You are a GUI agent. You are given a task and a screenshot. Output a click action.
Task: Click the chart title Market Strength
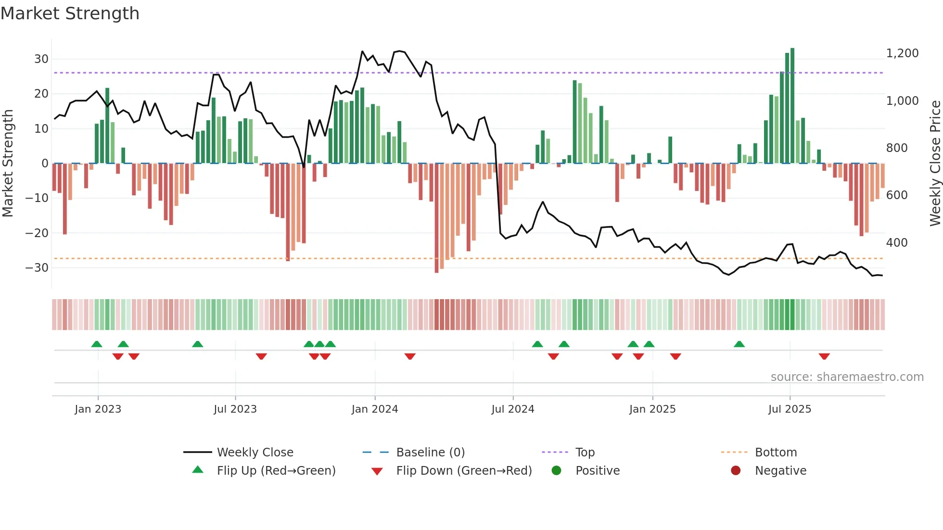(x=70, y=13)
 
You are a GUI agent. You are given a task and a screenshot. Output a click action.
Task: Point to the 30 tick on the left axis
(x=41, y=59)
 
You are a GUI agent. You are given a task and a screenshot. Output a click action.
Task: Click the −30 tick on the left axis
(x=38, y=268)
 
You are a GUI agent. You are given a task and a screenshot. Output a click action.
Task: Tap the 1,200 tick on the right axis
(x=902, y=53)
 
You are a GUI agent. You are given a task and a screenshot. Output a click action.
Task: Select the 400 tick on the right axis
(x=897, y=243)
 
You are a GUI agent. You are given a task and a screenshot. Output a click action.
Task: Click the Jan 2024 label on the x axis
(x=375, y=409)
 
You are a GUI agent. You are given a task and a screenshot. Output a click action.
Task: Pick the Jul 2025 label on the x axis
(x=790, y=409)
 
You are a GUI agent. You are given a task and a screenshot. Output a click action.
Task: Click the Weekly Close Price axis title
(x=935, y=164)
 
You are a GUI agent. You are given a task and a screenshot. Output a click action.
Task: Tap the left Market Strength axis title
(x=8, y=164)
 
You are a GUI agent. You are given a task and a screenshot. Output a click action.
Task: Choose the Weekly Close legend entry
(x=255, y=453)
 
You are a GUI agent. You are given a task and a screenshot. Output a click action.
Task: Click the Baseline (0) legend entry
(x=430, y=453)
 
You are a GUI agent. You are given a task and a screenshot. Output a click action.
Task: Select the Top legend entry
(x=585, y=453)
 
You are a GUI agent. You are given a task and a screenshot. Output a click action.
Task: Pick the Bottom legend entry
(x=776, y=453)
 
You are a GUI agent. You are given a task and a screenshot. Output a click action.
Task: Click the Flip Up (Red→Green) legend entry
(x=276, y=471)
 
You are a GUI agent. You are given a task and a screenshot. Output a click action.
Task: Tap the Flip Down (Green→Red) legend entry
(x=464, y=471)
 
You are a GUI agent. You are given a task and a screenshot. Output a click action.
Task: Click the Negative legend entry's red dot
(x=736, y=471)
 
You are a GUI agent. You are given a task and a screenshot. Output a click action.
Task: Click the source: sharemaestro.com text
(x=847, y=377)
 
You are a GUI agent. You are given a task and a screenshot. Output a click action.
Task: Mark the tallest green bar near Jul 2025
(x=792, y=106)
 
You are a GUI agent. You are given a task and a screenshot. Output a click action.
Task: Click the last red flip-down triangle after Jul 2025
(x=824, y=356)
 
